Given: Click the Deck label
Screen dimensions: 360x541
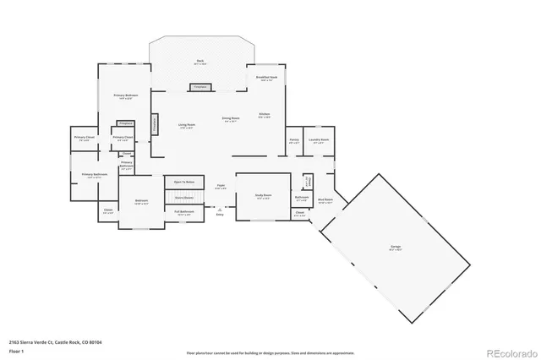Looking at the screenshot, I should point(200,61).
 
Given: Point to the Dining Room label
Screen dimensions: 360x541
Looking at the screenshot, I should point(230,119).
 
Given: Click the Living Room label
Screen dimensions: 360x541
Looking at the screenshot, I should point(187,126).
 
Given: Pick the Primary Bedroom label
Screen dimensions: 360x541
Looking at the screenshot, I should point(126,96).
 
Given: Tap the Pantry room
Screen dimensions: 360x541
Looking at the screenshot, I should point(294,142).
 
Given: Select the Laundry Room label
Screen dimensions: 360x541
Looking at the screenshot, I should point(319,141).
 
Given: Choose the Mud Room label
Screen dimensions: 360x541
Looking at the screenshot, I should point(325,201).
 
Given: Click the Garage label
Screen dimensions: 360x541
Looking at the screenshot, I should point(395,247).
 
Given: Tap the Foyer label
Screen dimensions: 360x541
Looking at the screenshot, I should point(220,185).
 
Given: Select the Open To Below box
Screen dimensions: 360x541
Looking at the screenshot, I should point(184,182).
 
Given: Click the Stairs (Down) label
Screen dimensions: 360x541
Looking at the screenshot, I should point(184,197).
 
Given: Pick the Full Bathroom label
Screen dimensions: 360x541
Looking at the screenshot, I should point(184,212).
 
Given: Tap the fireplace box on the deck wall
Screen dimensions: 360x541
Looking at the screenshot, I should point(200,86).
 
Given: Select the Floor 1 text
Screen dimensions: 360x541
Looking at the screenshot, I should point(16,349).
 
